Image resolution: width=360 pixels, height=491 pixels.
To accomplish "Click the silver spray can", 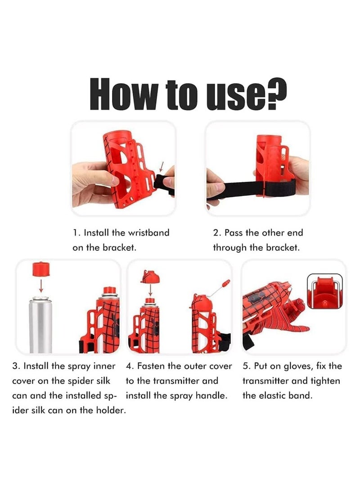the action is coord(40,325).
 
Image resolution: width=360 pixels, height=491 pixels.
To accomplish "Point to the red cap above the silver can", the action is coord(41,269).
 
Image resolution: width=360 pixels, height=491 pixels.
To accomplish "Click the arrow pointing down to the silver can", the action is coord(41,286).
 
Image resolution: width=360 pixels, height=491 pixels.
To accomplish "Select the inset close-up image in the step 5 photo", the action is coord(325,291).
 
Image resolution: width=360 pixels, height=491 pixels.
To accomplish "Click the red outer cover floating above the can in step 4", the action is coord(150,276).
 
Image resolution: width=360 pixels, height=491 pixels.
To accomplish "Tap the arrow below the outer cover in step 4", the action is coord(150,290).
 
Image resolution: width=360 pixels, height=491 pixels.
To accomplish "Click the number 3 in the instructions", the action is coord(15,366).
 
